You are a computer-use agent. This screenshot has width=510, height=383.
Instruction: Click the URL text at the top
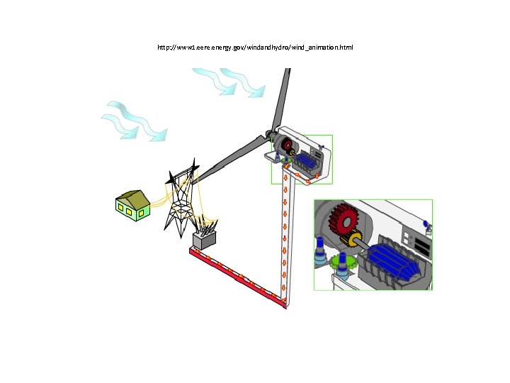click(255, 48)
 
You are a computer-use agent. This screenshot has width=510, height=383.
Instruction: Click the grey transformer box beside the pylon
click(204, 240)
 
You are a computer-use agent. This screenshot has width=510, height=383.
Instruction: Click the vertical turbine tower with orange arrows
click(285, 241)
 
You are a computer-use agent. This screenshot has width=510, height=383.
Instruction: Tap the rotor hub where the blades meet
click(270, 134)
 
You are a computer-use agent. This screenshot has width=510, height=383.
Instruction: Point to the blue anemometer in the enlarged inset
click(426, 226)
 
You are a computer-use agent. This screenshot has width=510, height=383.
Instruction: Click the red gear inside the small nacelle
click(287, 146)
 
